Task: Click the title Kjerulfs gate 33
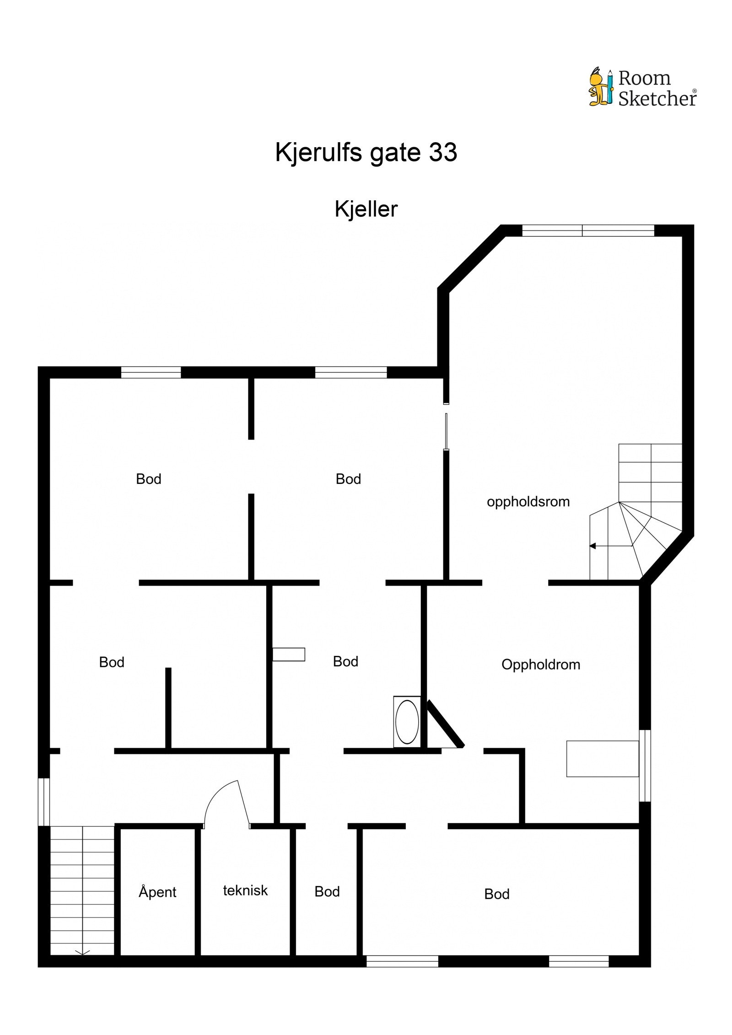366,152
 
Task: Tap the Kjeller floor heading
366,209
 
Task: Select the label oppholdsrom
528,502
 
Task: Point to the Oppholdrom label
540,664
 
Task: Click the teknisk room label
245,890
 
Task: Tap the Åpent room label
157,891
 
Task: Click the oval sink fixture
407,722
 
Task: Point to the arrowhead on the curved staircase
593,546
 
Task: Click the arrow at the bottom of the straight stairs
82,953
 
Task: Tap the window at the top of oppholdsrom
588,231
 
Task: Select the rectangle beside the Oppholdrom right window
602,758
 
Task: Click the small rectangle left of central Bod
289,654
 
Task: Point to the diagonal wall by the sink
446,724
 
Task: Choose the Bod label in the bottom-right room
496,894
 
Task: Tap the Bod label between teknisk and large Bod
327,891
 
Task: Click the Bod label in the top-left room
148,479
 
